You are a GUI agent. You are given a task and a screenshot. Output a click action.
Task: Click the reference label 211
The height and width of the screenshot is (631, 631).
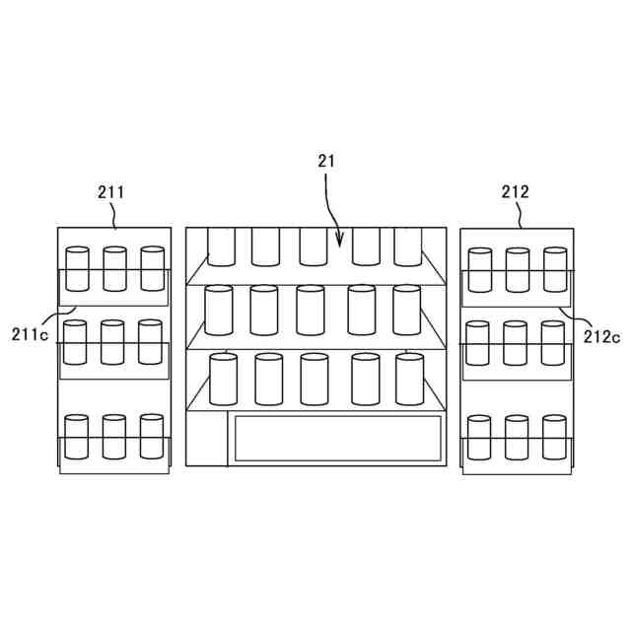tap(110, 192)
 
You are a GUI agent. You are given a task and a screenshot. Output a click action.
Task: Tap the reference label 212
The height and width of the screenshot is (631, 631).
tap(516, 192)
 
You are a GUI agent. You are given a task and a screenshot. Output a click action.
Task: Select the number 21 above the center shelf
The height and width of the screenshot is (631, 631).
tap(326, 161)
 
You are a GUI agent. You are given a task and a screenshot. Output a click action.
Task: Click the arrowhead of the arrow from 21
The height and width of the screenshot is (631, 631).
tap(340, 243)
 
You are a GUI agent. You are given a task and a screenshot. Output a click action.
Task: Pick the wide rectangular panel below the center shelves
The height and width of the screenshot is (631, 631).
tap(336, 438)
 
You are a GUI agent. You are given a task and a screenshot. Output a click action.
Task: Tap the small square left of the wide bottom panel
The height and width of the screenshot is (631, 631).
tap(207, 439)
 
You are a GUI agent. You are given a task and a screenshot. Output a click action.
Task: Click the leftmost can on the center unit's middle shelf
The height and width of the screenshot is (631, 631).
tap(218, 310)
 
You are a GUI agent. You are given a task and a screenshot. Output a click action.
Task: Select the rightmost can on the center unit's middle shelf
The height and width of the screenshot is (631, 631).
tap(406, 310)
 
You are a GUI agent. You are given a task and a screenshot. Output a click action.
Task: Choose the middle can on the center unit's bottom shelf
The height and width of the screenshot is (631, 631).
tap(315, 379)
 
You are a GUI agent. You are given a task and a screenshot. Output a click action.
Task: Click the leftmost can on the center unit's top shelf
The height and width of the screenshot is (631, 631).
tap(220, 246)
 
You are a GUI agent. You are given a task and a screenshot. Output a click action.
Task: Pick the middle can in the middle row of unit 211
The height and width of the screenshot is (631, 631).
tap(112, 342)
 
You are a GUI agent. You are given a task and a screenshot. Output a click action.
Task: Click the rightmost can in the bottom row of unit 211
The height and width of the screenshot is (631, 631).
tap(151, 437)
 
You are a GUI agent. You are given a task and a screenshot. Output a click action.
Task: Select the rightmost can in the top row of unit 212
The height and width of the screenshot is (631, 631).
tap(555, 269)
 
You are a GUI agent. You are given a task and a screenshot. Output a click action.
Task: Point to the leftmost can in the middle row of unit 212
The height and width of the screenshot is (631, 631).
tap(478, 343)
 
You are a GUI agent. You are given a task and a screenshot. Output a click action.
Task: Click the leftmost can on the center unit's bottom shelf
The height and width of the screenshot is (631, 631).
tap(224, 379)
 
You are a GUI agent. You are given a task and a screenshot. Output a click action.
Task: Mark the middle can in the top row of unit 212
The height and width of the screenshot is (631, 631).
tap(518, 269)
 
